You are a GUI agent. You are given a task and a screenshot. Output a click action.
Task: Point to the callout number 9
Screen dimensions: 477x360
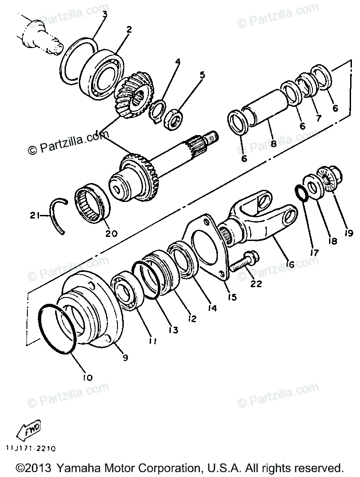[125, 358]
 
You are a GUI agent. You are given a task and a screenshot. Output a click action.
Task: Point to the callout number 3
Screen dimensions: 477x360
[104, 14]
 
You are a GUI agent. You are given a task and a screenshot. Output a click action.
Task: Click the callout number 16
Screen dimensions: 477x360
[290, 265]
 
